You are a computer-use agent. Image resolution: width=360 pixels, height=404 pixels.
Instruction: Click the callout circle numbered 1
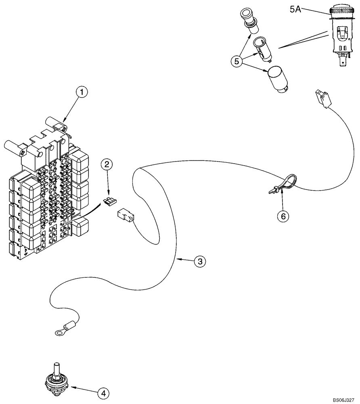pos(82,93)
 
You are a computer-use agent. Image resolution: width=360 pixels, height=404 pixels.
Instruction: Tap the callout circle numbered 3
pos(199,261)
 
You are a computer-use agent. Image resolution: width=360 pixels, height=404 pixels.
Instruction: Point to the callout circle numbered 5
pos(237,61)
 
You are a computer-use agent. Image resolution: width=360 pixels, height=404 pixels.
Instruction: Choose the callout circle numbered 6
pos(283,216)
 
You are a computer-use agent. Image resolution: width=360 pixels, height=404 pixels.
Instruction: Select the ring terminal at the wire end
pos(59,332)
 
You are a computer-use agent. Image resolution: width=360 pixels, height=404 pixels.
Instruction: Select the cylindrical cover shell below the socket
pos(276,79)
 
